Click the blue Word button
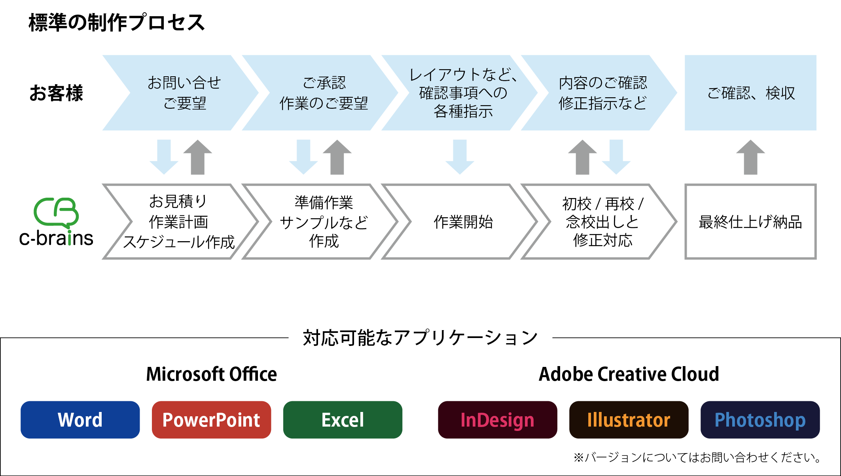[80, 419]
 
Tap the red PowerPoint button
[211, 419]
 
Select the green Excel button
[343, 419]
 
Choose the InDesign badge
[497, 419]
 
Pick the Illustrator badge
[629, 419]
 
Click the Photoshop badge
[760, 419]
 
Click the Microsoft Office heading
[211, 374]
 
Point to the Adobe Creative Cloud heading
[629, 374]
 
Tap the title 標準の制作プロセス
[117, 23]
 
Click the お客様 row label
[56, 93]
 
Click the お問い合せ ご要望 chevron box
[184, 93]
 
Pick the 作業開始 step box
[463, 222]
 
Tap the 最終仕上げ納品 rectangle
[750, 222]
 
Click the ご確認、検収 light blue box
[750, 93]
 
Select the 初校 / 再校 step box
[602, 222]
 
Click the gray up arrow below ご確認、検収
[750, 157]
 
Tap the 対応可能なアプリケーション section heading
[420, 338]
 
